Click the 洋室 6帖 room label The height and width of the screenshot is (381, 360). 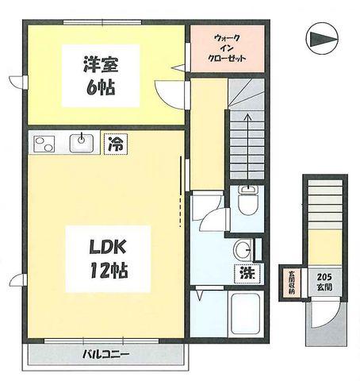coord(101,75)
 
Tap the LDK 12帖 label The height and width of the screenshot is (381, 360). coord(108,259)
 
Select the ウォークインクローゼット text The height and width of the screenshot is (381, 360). coord(228,48)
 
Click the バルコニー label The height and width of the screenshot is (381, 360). coord(105,354)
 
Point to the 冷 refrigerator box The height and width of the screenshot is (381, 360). coord(116,144)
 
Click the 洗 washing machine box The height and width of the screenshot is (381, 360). coord(247,273)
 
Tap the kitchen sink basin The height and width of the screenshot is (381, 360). coord(82,143)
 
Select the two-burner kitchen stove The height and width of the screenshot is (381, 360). coord(44,144)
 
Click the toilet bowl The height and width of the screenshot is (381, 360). coord(247,205)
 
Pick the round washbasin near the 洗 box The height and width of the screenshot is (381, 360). coord(243,249)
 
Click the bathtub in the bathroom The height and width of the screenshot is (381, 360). coord(246,314)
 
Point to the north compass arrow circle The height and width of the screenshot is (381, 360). coord(323,39)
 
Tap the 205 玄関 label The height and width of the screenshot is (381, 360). coord(324,282)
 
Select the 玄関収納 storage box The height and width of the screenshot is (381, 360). coord(291,283)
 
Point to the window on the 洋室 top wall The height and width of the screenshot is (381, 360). coord(102,22)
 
